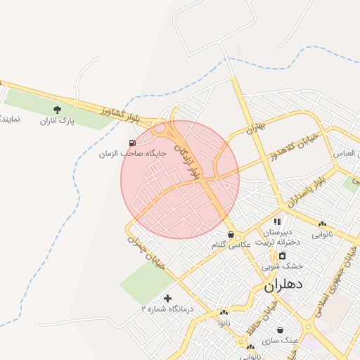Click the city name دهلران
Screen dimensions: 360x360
point(284,286)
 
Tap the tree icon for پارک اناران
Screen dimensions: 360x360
point(57,110)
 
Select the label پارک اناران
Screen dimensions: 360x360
point(57,121)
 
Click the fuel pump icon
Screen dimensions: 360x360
point(133,143)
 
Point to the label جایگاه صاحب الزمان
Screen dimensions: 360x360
point(131,153)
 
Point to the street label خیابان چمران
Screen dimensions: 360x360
point(145,248)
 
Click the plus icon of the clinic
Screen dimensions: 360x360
point(167,298)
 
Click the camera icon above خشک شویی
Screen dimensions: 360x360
point(282,256)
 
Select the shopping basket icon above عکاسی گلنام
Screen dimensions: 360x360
point(231,234)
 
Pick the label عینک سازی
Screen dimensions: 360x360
point(281,340)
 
